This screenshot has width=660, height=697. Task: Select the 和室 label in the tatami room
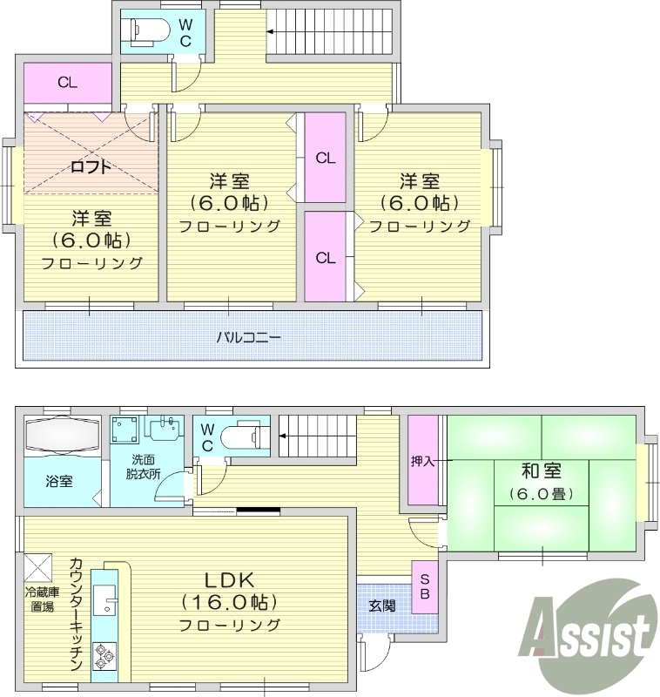[540, 471]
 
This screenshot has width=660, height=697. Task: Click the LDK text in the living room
[229, 579]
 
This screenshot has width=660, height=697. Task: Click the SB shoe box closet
[425, 586]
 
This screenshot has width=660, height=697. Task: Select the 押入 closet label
[424, 461]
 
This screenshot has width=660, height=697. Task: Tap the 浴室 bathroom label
[59, 480]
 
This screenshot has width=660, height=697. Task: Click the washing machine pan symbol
[125, 430]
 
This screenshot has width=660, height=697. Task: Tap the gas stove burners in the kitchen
[105, 654]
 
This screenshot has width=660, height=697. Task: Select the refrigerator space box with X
[40, 568]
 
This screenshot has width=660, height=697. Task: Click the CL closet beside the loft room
[67, 84]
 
